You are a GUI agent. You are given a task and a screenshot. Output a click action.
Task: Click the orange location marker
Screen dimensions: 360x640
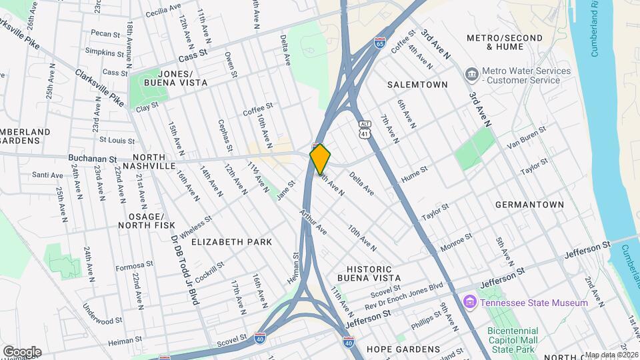320,159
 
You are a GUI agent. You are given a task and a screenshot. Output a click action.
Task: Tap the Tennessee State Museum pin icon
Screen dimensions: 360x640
469,303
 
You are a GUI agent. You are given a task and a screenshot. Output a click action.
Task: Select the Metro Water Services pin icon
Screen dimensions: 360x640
471,72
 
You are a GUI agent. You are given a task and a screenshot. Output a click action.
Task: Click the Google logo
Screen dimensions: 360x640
22,351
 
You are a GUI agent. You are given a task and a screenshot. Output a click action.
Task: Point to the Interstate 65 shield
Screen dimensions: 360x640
380,41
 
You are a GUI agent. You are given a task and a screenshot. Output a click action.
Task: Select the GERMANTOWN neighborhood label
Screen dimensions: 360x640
529,205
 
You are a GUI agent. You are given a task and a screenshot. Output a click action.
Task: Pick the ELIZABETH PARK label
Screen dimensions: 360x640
231,242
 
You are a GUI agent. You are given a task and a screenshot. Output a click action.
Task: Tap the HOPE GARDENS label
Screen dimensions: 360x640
403,349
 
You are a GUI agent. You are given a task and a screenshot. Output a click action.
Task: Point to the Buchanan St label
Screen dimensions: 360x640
93,159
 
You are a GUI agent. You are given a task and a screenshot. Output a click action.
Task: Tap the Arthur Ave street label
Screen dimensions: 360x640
313,223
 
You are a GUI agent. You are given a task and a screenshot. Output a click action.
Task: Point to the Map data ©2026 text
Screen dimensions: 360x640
611,355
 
